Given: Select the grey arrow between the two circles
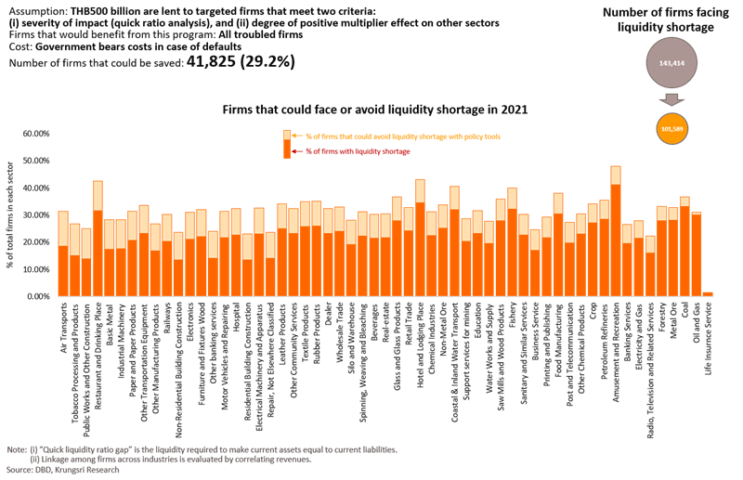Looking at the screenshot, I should click(x=669, y=99).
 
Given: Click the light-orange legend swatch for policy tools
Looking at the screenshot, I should click(x=288, y=135).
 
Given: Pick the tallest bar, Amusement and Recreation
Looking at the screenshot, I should click(x=615, y=232).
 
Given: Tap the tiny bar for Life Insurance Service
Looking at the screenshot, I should click(x=708, y=293).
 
